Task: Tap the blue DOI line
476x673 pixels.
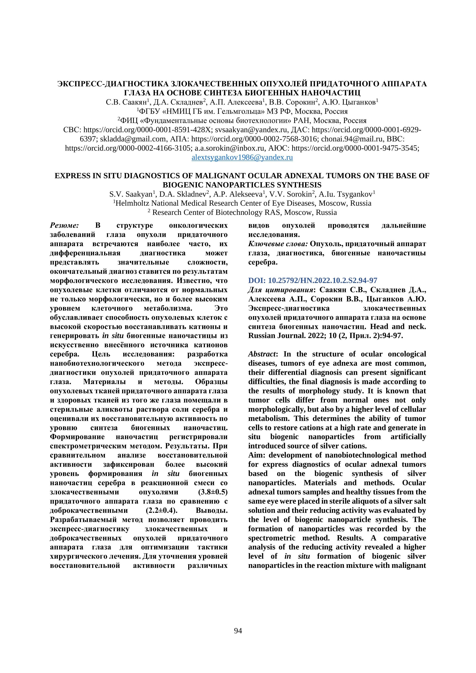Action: pyautogui.click(x=313, y=280)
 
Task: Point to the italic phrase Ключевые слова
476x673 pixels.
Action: pyautogui.click(x=278, y=244)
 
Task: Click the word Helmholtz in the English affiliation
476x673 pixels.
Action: pyautogui.click(x=133, y=203)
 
